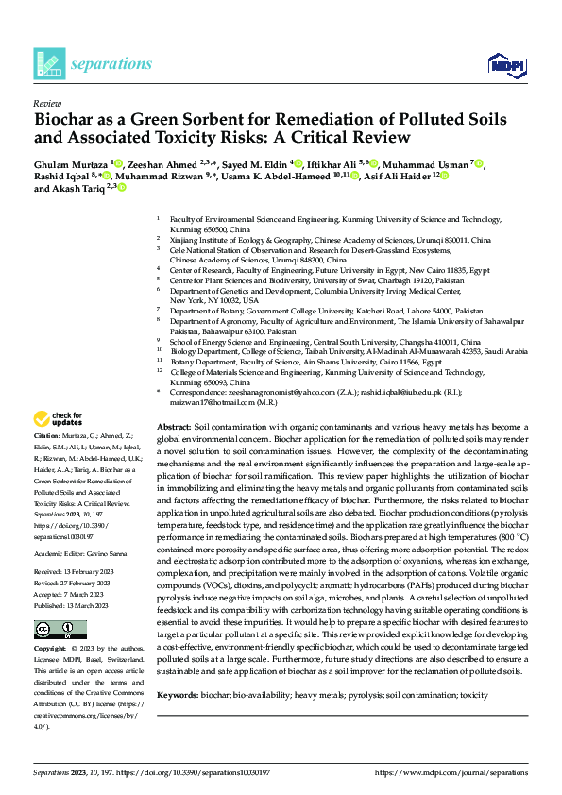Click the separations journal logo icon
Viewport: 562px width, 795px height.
(x=48, y=64)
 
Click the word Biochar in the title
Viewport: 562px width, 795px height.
(x=67, y=120)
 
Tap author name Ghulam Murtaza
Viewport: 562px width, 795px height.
(x=71, y=163)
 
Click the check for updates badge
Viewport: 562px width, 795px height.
(x=59, y=418)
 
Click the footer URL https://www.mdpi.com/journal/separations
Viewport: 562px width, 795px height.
(x=451, y=772)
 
